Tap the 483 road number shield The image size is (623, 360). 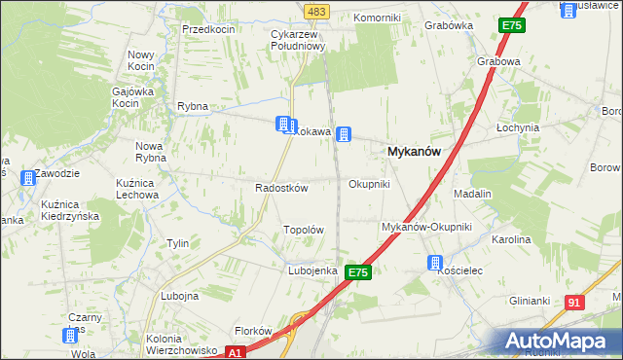coord(317,11)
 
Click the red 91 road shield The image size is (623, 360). coord(574,303)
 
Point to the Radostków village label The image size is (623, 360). coord(281,188)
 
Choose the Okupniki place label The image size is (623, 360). coord(369,184)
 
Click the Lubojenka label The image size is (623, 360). coord(312,270)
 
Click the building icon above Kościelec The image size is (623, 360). coord(435,262)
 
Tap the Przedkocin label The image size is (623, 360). coord(208,29)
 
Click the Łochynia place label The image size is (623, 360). coord(517,127)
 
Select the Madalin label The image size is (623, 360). coord(472,194)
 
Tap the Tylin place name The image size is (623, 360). coord(177,243)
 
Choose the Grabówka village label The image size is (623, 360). coord(449,26)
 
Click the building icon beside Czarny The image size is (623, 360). coord(71,335)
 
